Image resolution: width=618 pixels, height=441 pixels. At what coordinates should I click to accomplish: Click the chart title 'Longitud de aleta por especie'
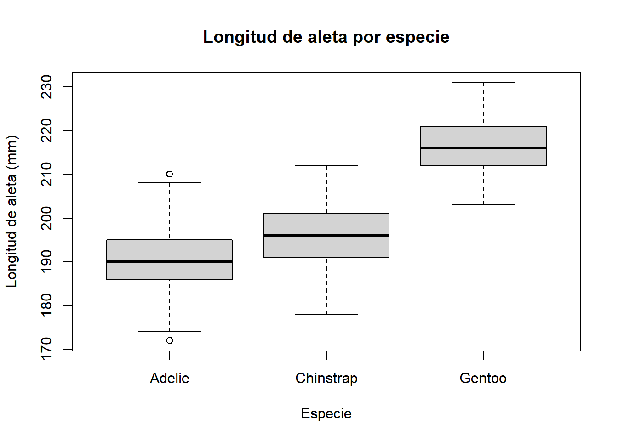tap(326, 37)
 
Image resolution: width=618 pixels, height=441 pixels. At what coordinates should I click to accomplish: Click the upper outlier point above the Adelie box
tap(170, 174)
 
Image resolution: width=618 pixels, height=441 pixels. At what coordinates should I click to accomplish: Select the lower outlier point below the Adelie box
tap(170, 340)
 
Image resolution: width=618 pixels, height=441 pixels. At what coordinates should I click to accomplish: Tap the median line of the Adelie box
tap(170, 262)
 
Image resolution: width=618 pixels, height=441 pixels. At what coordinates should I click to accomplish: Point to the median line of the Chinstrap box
tap(326, 236)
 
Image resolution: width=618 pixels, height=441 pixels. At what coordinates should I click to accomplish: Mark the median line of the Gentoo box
tap(483, 148)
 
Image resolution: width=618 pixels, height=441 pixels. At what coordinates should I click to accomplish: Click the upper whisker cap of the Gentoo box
tap(483, 82)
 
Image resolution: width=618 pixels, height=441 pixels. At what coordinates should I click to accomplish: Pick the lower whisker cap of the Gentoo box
tap(483, 205)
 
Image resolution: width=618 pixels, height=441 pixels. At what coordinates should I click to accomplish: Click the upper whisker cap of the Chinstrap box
tap(326, 165)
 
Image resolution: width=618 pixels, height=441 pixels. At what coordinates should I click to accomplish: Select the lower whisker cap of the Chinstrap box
tap(326, 314)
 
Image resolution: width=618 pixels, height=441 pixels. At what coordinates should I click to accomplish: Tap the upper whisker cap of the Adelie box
tap(170, 183)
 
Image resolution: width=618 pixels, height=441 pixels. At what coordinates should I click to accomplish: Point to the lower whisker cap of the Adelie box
tap(170, 332)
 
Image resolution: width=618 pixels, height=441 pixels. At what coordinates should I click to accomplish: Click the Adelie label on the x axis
tap(170, 378)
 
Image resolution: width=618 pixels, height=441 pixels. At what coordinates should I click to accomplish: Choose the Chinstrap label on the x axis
tap(326, 378)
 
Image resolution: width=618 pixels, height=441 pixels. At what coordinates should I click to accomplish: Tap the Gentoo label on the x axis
tap(483, 378)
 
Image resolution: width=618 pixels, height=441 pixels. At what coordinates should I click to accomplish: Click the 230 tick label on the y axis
tap(47, 87)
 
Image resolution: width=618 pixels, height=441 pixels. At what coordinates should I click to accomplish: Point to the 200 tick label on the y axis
tap(47, 218)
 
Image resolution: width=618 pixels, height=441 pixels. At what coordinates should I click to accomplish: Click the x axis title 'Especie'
tap(326, 413)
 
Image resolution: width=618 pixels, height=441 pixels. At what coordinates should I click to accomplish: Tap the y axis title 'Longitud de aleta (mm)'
tap(11, 211)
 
